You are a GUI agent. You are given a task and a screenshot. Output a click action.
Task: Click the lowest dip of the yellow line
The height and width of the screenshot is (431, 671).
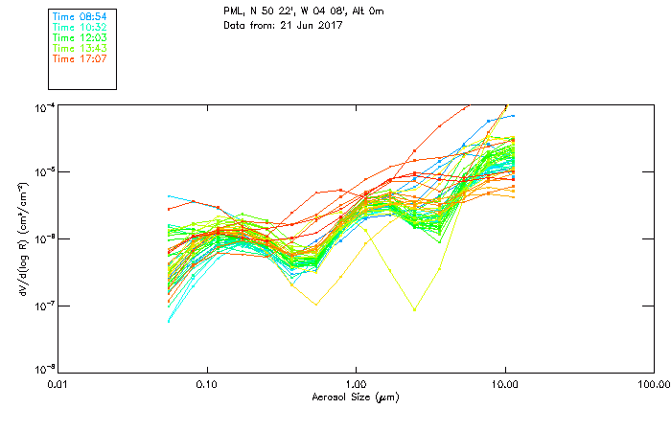click(x=414, y=310)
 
